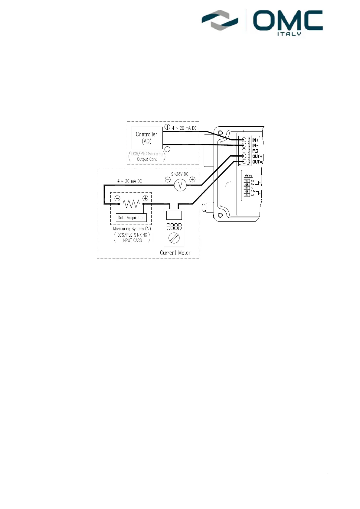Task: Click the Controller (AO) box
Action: [x=146, y=138]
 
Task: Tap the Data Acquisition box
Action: [x=131, y=218]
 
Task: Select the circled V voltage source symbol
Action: [x=180, y=185]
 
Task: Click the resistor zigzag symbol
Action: [x=131, y=204]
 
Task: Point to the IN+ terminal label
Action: [x=256, y=140]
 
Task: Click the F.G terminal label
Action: [x=255, y=151]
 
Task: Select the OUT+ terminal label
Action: [x=257, y=157]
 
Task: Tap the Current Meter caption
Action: [x=175, y=253]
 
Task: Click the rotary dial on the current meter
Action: [x=174, y=238]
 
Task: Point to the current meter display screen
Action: [x=174, y=215]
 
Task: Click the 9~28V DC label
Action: [x=180, y=174]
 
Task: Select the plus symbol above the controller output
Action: [x=167, y=127]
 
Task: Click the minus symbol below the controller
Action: [x=167, y=149]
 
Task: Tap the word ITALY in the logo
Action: [x=289, y=34]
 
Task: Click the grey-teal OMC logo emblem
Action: [x=220, y=21]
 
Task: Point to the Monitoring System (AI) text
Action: [x=132, y=229]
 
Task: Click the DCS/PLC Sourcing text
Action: [x=147, y=154]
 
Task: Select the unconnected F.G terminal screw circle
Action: [x=244, y=151]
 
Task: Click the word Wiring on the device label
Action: [x=248, y=175]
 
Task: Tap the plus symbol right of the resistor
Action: [x=146, y=198]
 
